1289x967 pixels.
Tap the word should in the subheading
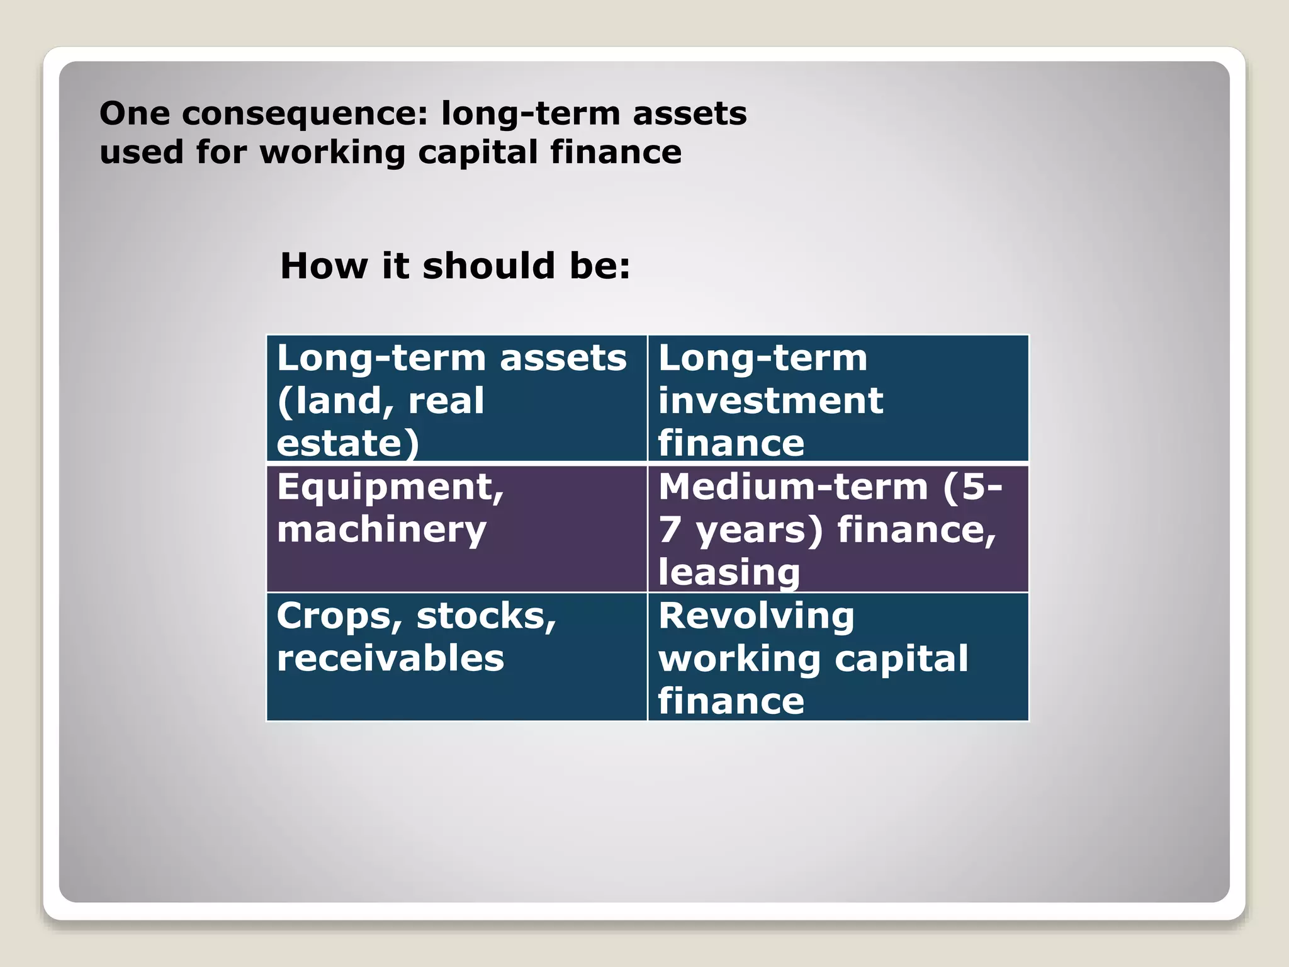click(488, 266)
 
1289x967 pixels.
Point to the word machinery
click(381, 530)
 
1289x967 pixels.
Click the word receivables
click(390, 659)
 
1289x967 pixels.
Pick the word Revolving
click(757, 616)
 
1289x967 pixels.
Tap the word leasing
click(729, 572)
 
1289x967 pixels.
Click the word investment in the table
click(770, 401)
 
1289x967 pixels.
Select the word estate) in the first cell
click(347, 443)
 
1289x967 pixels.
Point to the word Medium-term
click(793, 487)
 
